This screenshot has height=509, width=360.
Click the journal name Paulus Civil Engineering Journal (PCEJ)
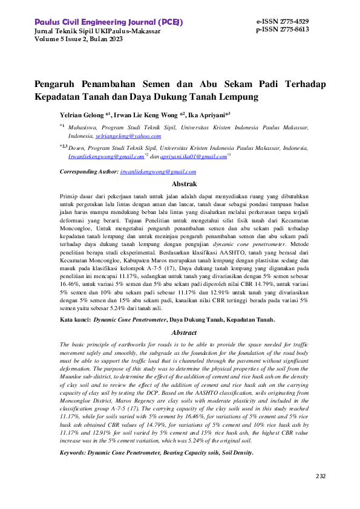click(109, 22)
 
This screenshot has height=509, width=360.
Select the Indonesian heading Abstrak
click(185, 183)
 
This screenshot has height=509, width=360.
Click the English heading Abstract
click(185, 332)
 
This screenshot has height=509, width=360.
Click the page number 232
click(321, 476)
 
